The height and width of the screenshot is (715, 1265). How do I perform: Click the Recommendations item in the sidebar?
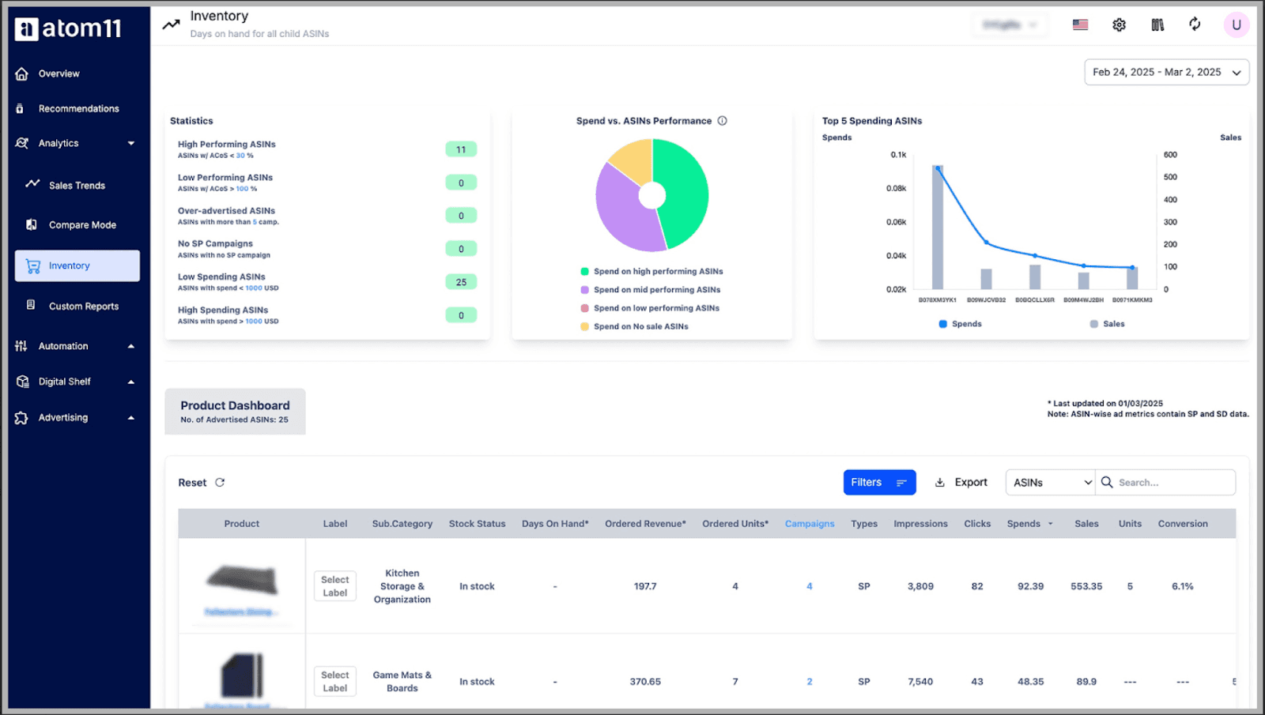click(x=78, y=108)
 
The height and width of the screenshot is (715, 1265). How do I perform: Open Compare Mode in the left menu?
click(x=82, y=225)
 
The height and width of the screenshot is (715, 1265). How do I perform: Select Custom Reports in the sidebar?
click(x=83, y=307)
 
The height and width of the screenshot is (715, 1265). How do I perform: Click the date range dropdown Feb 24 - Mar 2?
click(x=1166, y=72)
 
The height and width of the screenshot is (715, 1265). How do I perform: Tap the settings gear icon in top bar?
click(x=1119, y=24)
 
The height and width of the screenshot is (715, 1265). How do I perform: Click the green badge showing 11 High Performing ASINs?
click(x=461, y=149)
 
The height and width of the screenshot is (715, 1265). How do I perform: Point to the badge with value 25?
click(x=461, y=282)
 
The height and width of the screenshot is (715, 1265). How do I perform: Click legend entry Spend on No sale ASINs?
click(x=640, y=326)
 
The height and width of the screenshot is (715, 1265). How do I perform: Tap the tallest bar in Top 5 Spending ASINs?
click(x=938, y=229)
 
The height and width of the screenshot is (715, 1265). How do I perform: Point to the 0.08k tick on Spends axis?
click(x=896, y=189)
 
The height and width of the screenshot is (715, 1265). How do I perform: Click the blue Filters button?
click(x=879, y=483)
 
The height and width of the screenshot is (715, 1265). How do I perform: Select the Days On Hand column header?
click(x=555, y=524)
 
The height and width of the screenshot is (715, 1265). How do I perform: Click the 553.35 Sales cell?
click(x=1086, y=586)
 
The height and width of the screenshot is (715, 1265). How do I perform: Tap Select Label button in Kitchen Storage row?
click(x=335, y=586)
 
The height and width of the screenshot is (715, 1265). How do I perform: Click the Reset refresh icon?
click(x=220, y=483)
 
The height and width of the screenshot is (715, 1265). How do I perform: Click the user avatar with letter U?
click(x=1236, y=24)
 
